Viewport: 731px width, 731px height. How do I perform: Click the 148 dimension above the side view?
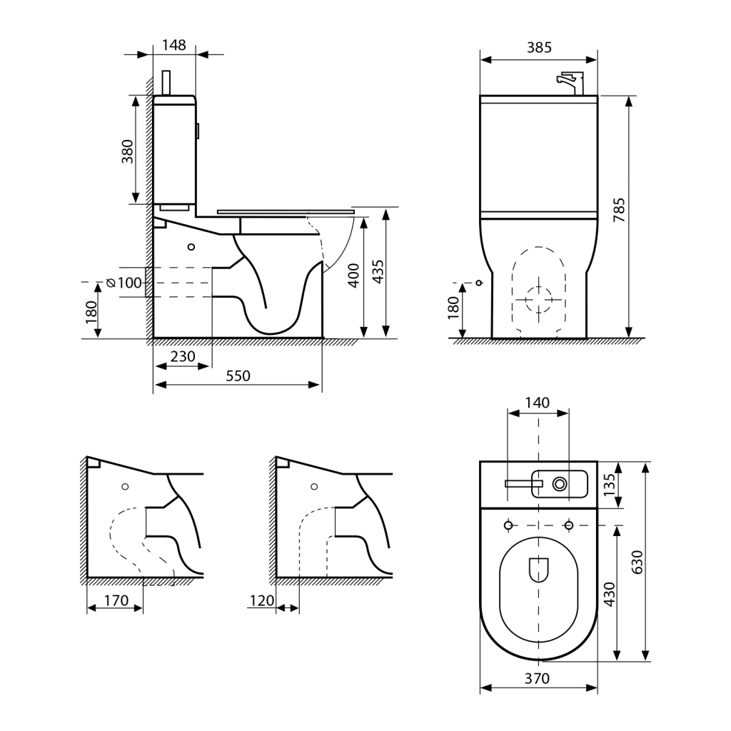pyautogui.click(x=173, y=45)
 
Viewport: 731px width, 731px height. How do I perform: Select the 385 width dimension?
pyautogui.click(x=539, y=48)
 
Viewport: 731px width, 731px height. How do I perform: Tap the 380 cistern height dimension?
pyautogui.click(x=127, y=151)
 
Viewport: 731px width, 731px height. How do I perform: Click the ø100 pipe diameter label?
pyautogui.click(x=124, y=283)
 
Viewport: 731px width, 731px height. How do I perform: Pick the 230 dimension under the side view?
pyautogui.click(x=183, y=356)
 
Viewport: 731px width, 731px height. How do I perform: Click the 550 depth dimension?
pyautogui.click(x=238, y=375)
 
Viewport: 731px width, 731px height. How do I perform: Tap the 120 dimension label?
pyautogui.click(x=262, y=600)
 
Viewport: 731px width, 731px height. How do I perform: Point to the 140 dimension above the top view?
pyautogui.click(x=537, y=403)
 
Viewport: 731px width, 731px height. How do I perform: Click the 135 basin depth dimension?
pyautogui.click(x=610, y=485)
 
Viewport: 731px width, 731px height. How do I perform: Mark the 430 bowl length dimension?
pyautogui.click(x=609, y=593)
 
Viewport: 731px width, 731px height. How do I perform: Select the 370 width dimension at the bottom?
pyautogui.click(x=537, y=678)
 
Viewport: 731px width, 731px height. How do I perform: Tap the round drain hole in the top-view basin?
pyautogui.click(x=560, y=484)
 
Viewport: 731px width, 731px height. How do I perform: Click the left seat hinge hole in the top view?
pyautogui.click(x=508, y=526)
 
